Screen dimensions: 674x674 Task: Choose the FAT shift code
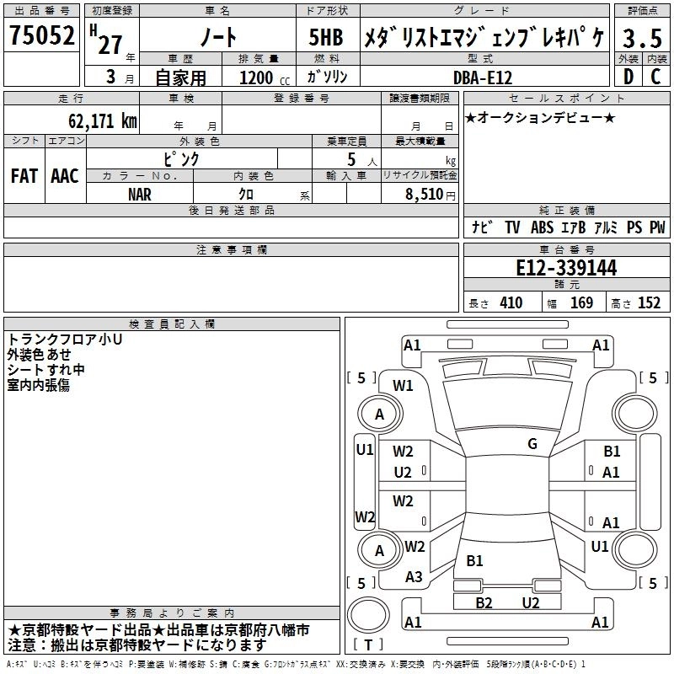click(x=24, y=176)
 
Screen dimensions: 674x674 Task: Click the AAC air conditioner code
click(x=65, y=176)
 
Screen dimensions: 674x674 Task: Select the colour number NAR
click(x=140, y=194)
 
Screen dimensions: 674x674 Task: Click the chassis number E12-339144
click(x=566, y=268)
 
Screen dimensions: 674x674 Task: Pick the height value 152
click(x=649, y=303)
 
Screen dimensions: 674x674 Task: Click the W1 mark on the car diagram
click(x=403, y=386)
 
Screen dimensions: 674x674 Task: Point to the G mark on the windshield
click(x=532, y=443)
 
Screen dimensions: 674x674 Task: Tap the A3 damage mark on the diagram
click(x=414, y=577)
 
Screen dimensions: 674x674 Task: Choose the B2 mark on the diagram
click(x=484, y=602)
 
